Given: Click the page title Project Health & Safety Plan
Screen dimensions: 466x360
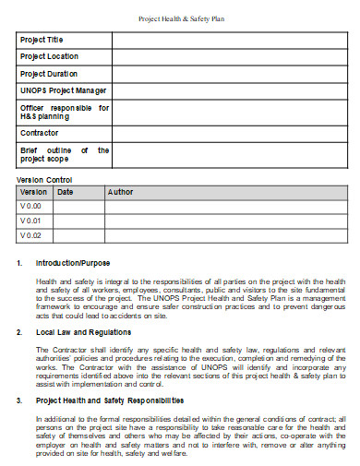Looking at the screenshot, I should point(180,18).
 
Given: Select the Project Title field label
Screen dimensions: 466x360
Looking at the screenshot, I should point(42,41).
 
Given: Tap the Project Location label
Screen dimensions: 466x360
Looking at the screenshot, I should point(49,57).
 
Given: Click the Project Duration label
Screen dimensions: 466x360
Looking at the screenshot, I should point(49,74).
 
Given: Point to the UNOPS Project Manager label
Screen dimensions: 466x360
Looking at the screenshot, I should point(63,90).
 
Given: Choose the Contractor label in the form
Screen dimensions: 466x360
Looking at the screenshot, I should point(40,133).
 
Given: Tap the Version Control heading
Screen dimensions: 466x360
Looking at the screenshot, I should point(45,180).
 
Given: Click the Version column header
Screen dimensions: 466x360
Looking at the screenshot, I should point(34,192).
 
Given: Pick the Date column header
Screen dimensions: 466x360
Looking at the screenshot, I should point(66,192).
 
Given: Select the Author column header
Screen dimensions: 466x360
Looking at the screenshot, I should point(120,192).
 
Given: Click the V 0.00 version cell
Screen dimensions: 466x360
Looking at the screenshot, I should point(31,207).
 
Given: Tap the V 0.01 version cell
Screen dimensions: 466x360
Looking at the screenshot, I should point(31,221).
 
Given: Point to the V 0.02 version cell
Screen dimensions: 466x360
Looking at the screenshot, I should point(31,235).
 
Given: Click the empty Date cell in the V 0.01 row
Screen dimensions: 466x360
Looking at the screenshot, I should point(78,221).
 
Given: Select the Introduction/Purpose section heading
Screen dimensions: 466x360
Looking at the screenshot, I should point(72,263).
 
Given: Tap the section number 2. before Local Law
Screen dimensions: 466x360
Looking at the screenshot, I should point(19,330).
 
